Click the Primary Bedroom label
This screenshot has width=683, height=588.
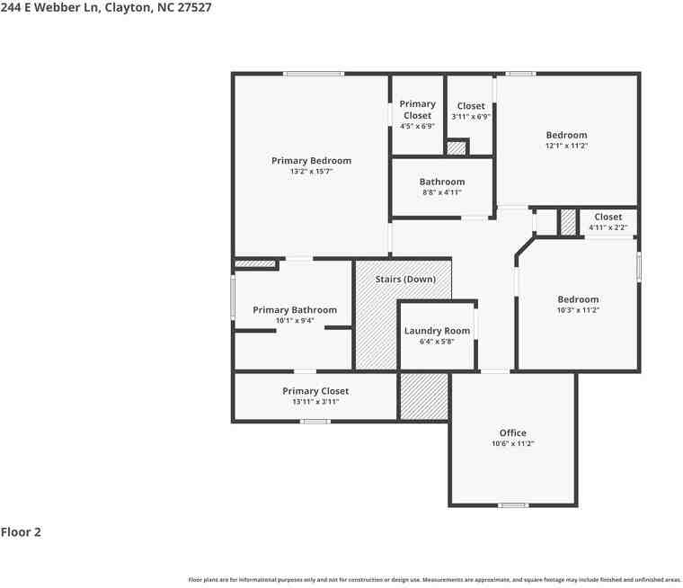click(311, 161)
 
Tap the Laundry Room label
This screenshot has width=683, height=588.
click(437, 331)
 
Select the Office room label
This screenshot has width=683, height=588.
click(512, 432)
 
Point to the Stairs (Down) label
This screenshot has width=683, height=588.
click(405, 280)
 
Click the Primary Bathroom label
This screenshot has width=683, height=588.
click(295, 310)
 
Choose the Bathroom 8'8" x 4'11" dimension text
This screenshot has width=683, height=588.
click(441, 192)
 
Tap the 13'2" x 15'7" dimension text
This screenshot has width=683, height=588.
click(311, 172)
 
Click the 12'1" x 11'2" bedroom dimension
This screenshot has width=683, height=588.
click(566, 146)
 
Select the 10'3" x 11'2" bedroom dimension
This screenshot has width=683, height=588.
click(578, 310)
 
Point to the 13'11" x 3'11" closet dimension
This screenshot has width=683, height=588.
click(315, 402)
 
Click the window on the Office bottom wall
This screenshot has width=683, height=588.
click(513, 505)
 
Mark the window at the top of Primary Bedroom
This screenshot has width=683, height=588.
click(314, 74)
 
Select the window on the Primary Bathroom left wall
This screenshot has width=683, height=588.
click(233, 297)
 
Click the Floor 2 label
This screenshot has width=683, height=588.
click(21, 532)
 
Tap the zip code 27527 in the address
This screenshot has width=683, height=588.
click(194, 7)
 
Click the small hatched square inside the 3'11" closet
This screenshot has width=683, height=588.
click(457, 148)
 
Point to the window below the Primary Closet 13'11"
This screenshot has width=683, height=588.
click(315, 422)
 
